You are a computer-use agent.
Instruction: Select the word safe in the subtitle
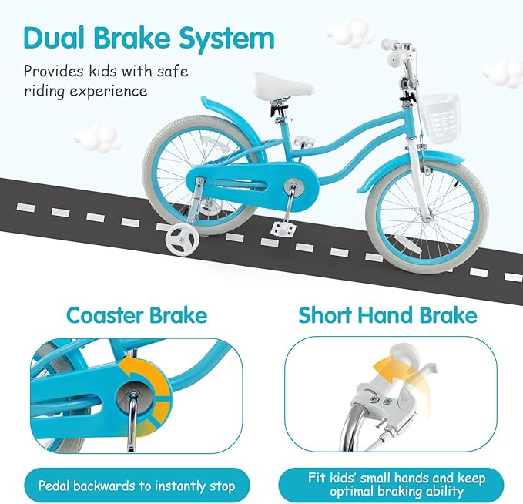172,71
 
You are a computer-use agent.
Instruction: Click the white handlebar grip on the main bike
393,45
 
